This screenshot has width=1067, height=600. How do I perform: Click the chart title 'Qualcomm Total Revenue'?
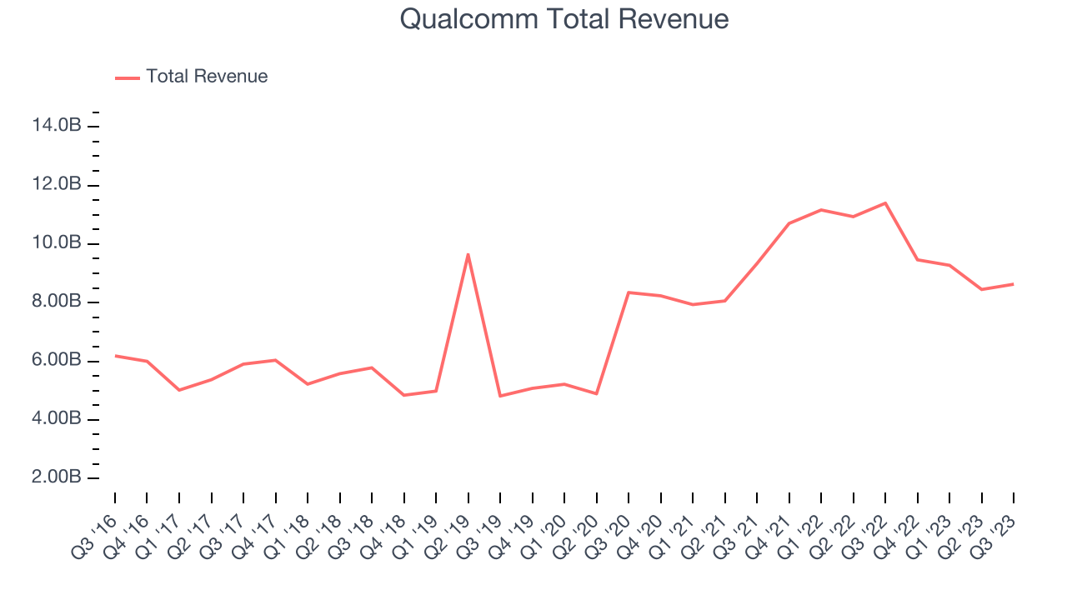(x=564, y=18)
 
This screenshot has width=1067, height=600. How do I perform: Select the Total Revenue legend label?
(x=207, y=77)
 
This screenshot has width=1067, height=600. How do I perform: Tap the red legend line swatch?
(x=127, y=77)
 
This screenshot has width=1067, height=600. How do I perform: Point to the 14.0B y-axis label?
(x=57, y=126)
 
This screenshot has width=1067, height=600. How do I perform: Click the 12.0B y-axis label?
(x=57, y=184)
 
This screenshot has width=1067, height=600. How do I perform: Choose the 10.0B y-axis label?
(x=57, y=243)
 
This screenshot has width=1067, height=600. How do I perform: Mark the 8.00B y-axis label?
(x=57, y=302)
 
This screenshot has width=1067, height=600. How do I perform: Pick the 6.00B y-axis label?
(x=57, y=361)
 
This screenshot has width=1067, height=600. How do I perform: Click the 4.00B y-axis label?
(x=57, y=419)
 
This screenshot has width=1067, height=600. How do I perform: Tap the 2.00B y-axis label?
(x=57, y=478)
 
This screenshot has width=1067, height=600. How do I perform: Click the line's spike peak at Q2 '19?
(x=468, y=254)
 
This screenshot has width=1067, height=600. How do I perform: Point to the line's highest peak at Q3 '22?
(x=884, y=203)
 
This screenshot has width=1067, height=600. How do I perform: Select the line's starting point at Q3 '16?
(x=115, y=356)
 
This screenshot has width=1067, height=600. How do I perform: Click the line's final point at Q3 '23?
(x=1013, y=284)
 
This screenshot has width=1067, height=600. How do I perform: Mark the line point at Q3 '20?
(x=628, y=292)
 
